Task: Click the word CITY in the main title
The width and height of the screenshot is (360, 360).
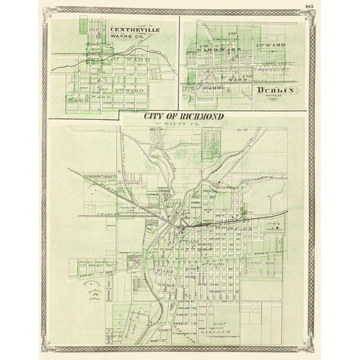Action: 154,118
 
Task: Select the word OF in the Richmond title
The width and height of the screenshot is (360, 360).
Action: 174,118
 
